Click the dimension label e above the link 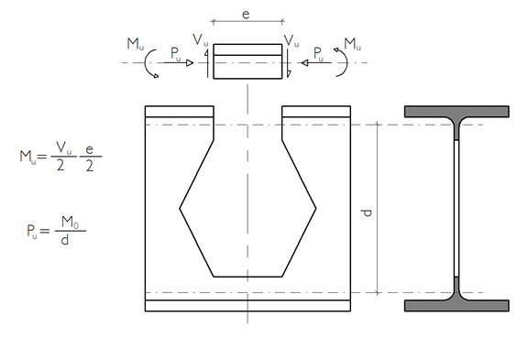click(246, 15)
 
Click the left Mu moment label click(136, 44)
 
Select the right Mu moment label click(352, 44)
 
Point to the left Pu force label click(175, 54)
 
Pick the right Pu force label click(318, 54)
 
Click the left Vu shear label click(201, 40)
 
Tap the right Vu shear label click(291, 40)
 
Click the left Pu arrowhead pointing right click(190, 62)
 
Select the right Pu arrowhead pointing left click(304, 62)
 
